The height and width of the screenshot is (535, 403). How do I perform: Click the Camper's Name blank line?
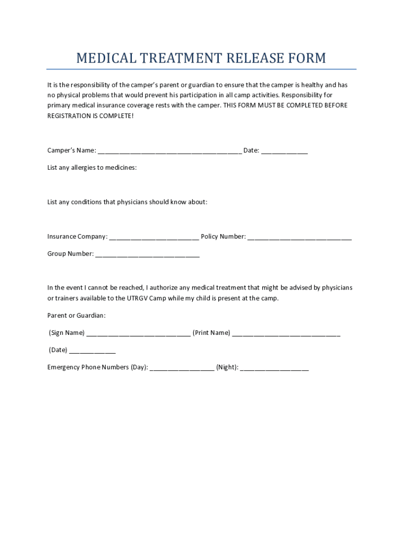(170, 153)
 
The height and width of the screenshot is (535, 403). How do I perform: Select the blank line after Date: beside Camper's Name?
(284, 153)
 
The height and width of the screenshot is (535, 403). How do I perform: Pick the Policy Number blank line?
(299, 239)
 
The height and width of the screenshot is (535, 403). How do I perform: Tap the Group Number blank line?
(148, 256)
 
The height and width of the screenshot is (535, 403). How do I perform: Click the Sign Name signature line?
(138, 335)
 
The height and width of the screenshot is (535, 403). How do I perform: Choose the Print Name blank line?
(286, 335)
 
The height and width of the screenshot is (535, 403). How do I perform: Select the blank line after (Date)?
(92, 352)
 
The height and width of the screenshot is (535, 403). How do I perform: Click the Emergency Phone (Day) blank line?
(182, 369)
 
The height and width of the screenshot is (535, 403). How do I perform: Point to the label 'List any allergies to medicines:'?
(92, 168)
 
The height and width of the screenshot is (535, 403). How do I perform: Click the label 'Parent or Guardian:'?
(76, 316)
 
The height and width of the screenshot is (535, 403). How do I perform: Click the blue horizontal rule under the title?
(201, 69)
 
